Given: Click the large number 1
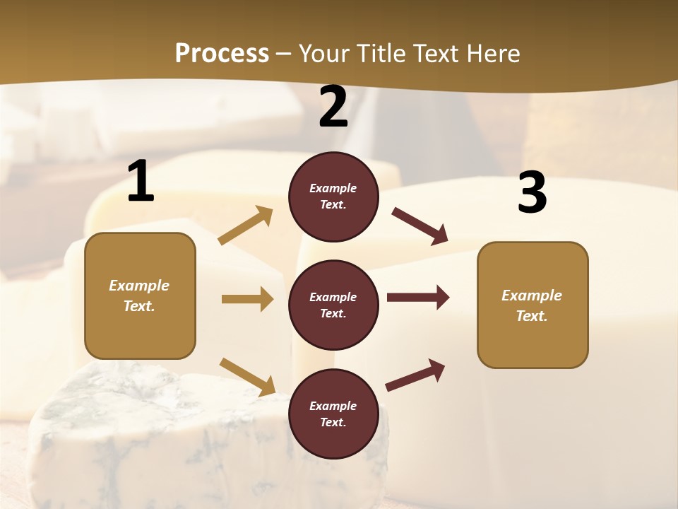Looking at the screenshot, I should click(x=141, y=182).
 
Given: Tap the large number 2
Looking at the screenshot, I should click(x=333, y=107).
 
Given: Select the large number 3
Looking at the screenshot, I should click(x=532, y=193).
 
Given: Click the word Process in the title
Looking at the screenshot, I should click(x=222, y=53).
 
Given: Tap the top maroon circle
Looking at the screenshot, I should click(x=333, y=197).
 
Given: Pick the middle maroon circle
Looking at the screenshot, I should click(x=333, y=305).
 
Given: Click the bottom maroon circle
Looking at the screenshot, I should click(x=333, y=414).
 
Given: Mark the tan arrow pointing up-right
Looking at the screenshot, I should click(x=246, y=226).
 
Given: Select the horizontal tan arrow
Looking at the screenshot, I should click(x=247, y=299).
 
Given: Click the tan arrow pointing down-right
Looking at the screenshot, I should click(x=247, y=377).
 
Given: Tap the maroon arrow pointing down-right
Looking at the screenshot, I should click(x=420, y=226).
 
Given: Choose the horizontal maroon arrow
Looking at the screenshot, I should click(x=418, y=298).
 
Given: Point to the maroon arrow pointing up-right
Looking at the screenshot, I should click(x=415, y=375).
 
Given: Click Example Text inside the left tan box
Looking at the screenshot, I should click(x=139, y=296).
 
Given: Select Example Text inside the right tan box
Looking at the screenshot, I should click(x=532, y=305).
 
